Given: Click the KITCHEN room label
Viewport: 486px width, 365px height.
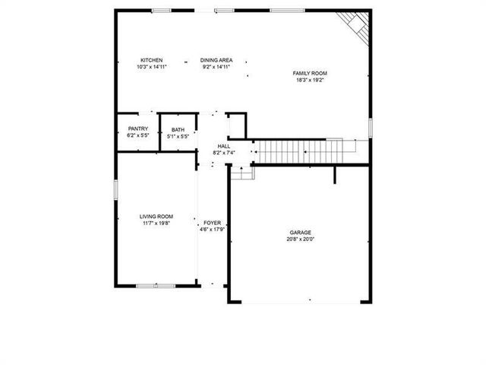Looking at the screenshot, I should [x=152, y=60].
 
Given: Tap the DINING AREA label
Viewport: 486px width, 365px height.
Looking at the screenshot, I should [x=216, y=60].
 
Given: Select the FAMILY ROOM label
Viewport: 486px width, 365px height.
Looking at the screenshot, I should [x=310, y=73].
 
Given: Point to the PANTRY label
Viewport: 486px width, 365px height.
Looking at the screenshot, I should [x=138, y=129].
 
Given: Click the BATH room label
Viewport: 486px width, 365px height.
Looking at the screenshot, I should [x=178, y=130].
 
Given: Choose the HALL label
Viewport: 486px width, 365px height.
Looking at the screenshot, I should [x=224, y=146].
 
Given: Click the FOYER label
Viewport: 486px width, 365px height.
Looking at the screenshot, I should [x=212, y=223].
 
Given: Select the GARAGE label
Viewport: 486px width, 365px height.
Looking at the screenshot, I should [x=300, y=233].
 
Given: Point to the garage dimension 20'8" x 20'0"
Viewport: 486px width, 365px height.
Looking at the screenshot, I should [x=300, y=239].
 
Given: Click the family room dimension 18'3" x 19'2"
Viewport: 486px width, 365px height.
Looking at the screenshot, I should [x=310, y=79].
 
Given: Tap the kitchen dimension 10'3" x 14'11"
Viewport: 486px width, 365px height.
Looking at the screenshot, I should [x=152, y=67].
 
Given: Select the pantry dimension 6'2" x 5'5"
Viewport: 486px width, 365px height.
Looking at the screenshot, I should [x=138, y=136].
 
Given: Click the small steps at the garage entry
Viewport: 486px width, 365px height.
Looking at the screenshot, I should [x=241, y=173].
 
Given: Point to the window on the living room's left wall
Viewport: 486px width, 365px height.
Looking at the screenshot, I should [x=115, y=189].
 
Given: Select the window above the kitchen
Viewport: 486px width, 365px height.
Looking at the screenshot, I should [x=161, y=10].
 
